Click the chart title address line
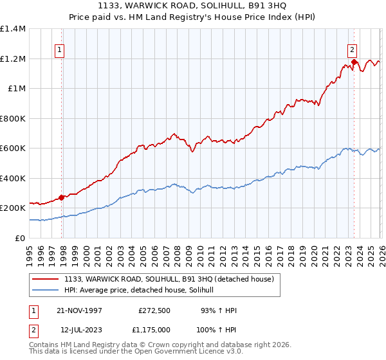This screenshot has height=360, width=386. click(192, 6)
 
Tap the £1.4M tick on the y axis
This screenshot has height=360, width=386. click(13, 29)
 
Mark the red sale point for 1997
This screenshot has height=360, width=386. click(62, 198)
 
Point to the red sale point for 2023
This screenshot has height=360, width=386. click(354, 63)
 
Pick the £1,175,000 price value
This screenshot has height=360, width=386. click(155, 330)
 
